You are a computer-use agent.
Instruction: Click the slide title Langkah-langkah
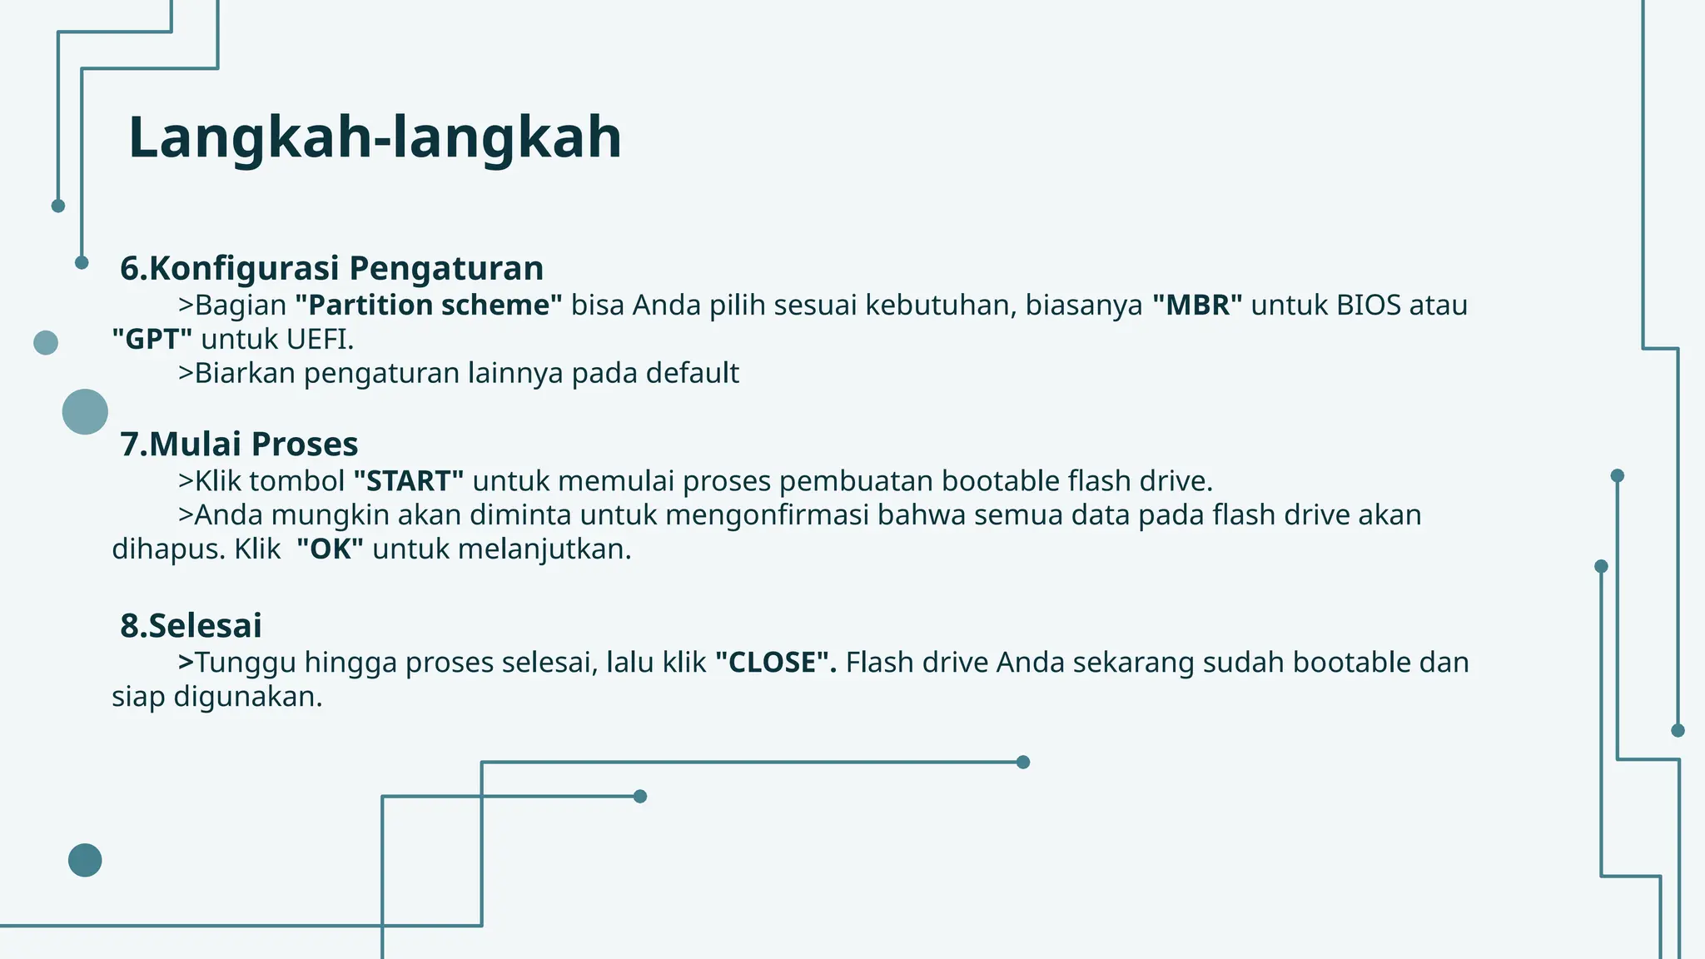[375, 137]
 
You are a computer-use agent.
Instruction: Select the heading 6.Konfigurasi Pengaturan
[331, 268]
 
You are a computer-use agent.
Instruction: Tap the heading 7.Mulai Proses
[239, 444]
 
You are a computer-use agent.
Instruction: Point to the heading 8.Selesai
[191, 625]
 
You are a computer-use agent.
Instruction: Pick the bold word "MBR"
[1197, 306]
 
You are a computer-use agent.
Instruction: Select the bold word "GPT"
[152, 340]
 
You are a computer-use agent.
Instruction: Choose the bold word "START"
[408, 481]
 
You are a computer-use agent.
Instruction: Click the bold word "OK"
[330, 549]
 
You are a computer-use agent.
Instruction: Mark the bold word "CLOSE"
[775, 663]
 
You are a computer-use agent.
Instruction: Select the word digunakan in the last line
[247, 697]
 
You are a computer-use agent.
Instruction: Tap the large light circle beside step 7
[85, 411]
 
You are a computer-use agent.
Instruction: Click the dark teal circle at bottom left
[85, 860]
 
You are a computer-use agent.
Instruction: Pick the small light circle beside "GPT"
[46, 342]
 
